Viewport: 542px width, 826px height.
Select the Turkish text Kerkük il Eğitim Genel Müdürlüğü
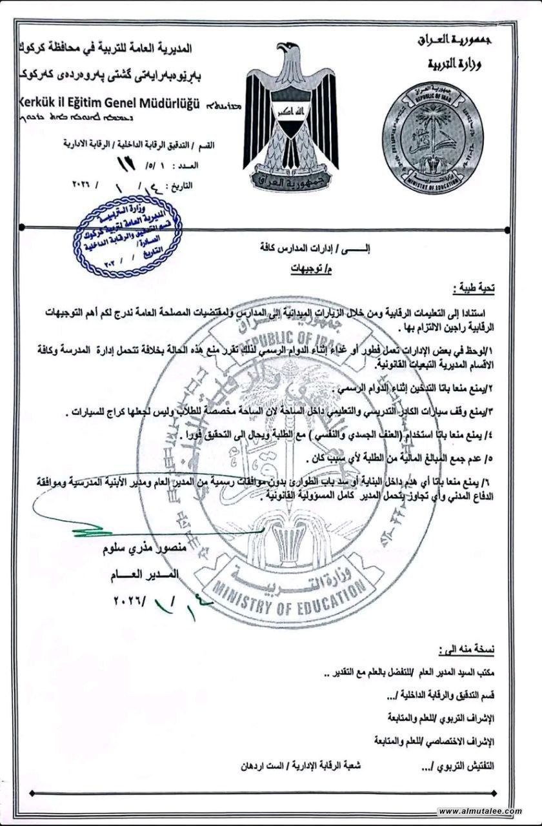tap(106, 104)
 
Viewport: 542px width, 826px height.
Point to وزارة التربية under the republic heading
tap(456, 63)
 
